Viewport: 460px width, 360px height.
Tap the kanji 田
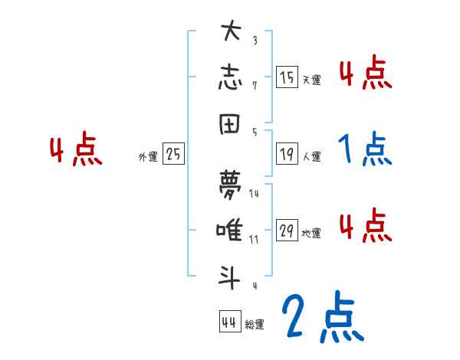click(x=231, y=123)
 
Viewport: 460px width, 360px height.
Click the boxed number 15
click(x=287, y=77)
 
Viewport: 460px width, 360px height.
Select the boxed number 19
click(x=287, y=154)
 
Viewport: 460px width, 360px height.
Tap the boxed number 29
click(x=287, y=231)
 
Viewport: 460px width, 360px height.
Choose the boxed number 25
click(x=173, y=154)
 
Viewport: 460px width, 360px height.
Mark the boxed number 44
click(x=228, y=322)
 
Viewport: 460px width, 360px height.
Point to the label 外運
click(x=148, y=156)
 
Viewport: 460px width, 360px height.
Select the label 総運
click(x=254, y=325)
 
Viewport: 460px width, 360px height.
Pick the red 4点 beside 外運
click(x=76, y=150)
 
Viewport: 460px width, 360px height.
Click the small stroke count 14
click(x=254, y=195)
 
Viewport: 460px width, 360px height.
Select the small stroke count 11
click(x=254, y=240)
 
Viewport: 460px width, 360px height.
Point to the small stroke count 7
click(x=254, y=85)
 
